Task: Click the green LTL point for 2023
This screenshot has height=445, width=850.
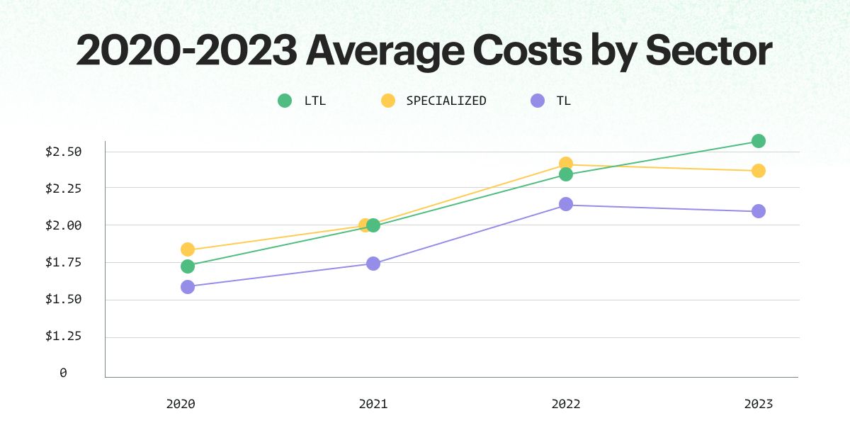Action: tap(758, 141)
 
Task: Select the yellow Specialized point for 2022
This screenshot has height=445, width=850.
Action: tap(566, 164)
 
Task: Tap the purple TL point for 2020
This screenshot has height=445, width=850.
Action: tap(188, 287)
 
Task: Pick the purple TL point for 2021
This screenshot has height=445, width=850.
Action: tap(373, 264)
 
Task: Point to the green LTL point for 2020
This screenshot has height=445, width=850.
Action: tap(188, 266)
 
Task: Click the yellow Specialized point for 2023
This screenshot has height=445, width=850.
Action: tap(758, 171)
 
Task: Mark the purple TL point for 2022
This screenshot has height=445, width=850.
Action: tap(566, 204)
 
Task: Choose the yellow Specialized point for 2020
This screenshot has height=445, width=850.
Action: tap(188, 249)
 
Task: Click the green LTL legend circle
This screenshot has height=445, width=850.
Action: tap(285, 101)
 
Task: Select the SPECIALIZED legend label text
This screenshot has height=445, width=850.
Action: tap(446, 101)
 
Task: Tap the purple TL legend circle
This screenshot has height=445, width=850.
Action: tap(538, 101)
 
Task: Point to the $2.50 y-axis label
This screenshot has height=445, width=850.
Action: tap(64, 152)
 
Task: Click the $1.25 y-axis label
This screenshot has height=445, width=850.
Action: tap(64, 336)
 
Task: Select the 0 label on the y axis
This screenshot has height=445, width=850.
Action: tap(63, 373)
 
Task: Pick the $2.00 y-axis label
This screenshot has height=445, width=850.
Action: tap(64, 225)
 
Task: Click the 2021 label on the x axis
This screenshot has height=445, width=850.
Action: tap(373, 405)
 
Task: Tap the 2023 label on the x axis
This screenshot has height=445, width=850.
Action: tap(758, 405)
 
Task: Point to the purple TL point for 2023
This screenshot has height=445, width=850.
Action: tap(758, 211)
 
